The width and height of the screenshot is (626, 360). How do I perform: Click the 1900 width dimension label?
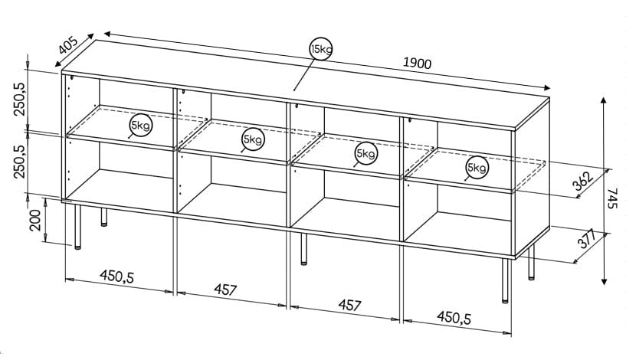(x=418, y=64)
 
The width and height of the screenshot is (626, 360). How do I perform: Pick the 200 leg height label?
(x=33, y=223)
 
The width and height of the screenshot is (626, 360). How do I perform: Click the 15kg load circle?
(x=320, y=50)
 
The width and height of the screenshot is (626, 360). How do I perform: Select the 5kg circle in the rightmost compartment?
(x=476, y=168)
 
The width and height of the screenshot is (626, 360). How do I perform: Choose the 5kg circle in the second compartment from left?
(x=252, y=139)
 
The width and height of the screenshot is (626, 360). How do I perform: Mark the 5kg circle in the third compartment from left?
(x=365, y=154)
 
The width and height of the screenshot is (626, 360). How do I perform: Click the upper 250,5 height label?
(x=21, y=99)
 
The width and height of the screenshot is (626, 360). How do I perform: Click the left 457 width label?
(x=225, y=290)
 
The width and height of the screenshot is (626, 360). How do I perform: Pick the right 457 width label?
(x=349, y=305)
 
